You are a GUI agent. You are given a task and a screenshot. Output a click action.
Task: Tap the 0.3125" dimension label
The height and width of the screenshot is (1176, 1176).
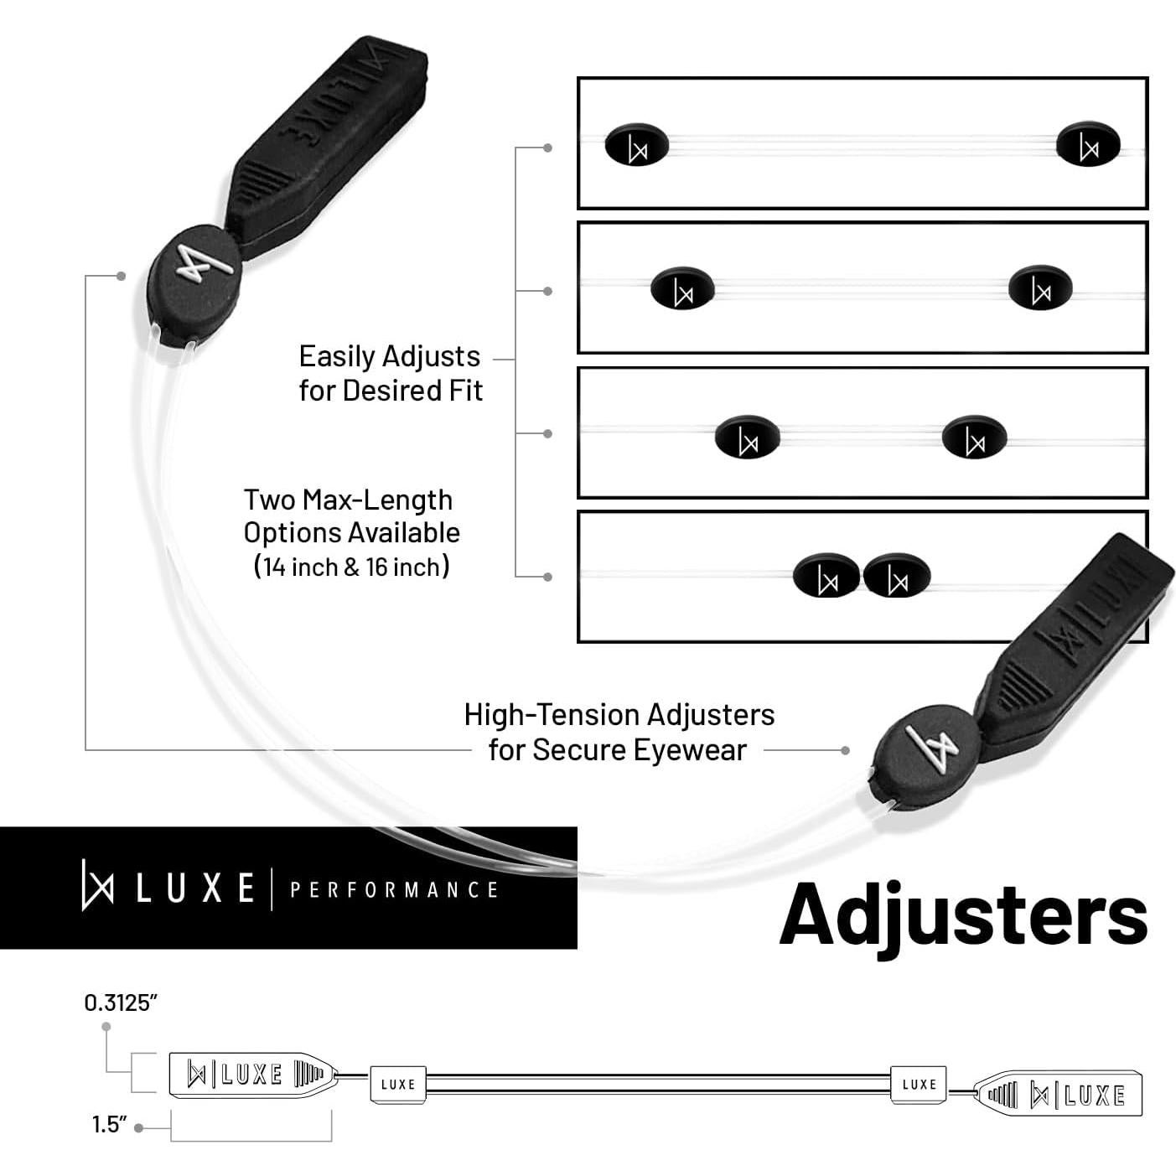tap(121, 1002)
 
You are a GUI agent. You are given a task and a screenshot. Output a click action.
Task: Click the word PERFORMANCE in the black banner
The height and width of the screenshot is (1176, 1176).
tap(394, 889)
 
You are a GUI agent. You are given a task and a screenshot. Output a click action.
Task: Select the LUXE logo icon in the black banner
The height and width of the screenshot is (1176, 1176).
tap(97, 885)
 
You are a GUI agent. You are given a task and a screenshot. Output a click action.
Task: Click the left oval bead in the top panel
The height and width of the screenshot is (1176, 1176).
tap(636, 145)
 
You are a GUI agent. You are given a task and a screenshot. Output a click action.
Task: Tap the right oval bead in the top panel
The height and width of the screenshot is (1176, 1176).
tap(1088, 145)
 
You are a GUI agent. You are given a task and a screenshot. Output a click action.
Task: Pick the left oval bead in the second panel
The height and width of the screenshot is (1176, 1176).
tap(682, 288)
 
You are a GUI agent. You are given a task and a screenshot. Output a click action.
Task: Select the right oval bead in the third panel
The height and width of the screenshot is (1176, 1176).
tap(973, 438)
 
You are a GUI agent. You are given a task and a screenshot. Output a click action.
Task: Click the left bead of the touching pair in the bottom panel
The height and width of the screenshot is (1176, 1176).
tap(826, 577)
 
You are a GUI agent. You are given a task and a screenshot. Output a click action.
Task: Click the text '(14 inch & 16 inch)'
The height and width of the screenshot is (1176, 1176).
tap(352, 567)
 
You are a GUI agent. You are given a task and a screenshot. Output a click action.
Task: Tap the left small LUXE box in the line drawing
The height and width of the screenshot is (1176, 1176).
tap(398, 1084)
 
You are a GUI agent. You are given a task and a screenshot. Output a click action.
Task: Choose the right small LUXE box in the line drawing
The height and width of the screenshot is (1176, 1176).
tap(919, 1084)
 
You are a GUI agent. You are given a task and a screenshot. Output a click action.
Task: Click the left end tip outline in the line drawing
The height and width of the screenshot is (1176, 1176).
tap(251, 1074)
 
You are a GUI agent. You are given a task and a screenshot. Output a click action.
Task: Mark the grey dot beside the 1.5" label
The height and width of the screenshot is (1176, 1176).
tap(139, 1127)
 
